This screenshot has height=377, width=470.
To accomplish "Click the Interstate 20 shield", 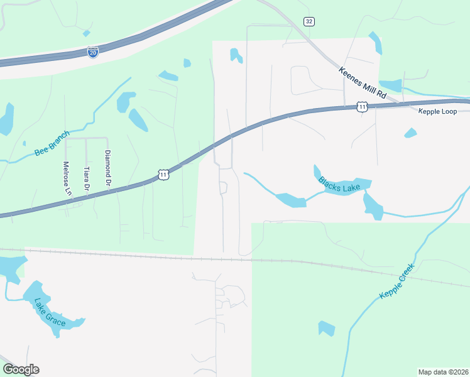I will point(93,52).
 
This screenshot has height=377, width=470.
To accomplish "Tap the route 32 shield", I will point(308,21).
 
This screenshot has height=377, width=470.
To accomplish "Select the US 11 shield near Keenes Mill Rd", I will point(362,107).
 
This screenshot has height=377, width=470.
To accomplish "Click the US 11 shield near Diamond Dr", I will point(163,174).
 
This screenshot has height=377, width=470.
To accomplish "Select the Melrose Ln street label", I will point(65,178).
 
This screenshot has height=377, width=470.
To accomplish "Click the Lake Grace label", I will point(50,312).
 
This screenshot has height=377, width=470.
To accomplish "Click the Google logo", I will point(21,369).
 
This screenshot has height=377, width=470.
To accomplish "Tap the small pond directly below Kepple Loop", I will point(410,133).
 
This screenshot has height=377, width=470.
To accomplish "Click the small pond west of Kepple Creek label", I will point(326,328).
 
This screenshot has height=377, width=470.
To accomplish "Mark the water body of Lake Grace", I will point(38,295).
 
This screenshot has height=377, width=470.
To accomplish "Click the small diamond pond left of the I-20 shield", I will point(86,33).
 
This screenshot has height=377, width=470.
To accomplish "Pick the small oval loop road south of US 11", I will point(222,187).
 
